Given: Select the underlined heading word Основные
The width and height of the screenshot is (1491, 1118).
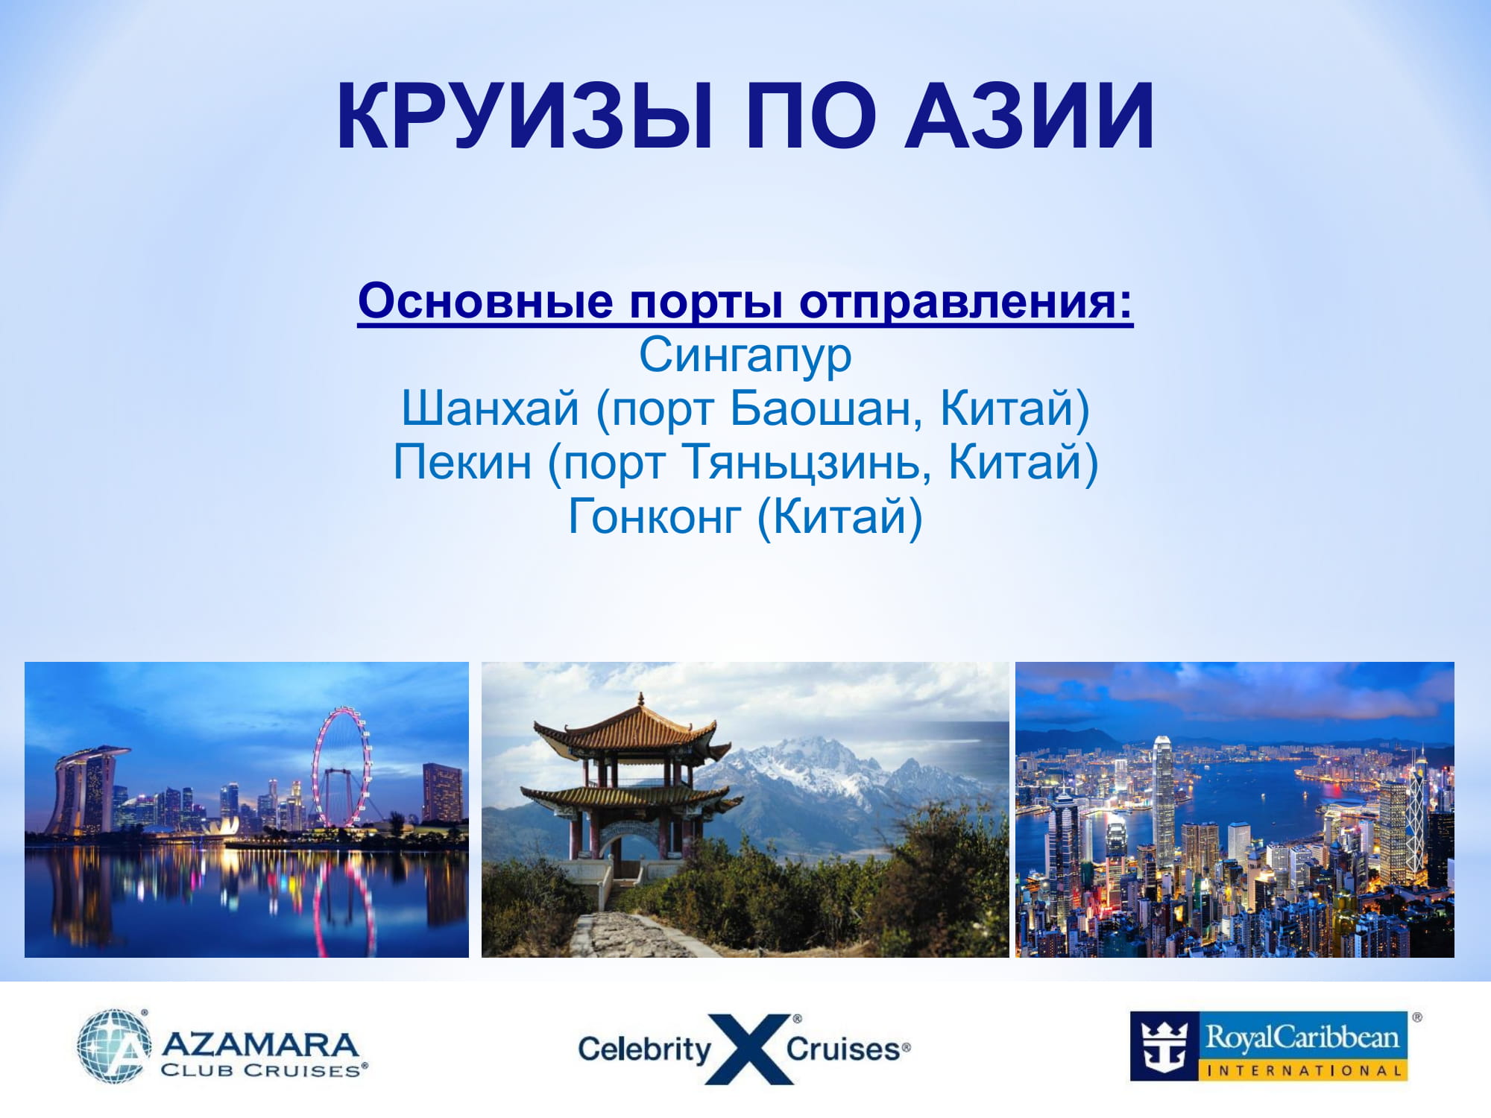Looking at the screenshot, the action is pos(485,301).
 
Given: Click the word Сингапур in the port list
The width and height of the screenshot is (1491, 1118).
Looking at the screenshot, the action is pos(745,356).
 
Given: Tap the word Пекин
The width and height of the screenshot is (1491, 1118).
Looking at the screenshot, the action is pos(462,462).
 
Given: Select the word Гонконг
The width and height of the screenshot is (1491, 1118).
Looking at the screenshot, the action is pos(655,517).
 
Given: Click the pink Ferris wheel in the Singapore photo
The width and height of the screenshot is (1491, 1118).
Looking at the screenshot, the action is pos(341,768).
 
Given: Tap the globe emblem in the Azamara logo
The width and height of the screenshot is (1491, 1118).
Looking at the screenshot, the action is pos(113,1046).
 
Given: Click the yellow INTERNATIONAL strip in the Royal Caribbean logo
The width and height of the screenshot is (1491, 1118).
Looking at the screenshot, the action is pos(1303,1070).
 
